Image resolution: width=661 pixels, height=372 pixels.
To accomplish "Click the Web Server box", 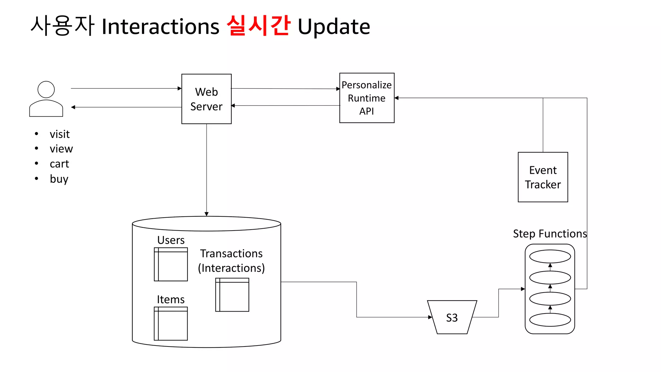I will (206, 99).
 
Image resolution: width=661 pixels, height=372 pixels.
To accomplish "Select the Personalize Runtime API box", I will (367, 98).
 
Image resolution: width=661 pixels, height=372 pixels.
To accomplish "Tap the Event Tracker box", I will (543, 177).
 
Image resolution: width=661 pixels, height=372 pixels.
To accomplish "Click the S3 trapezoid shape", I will (452, 317).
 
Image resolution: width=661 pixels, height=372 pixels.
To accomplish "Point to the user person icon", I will (46, 99).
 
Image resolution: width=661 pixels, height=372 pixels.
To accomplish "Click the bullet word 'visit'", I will (60, 134).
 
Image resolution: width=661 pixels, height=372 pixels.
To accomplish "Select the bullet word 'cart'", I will (59, 164).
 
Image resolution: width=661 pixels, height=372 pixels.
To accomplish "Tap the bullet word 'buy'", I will (59, 179).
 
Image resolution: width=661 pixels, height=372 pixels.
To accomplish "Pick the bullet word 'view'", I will (61, 149).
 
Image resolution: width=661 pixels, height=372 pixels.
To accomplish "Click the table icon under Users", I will (171, 264).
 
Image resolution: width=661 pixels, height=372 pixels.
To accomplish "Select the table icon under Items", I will (171, 324).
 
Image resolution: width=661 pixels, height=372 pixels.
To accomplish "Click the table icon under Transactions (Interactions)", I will (232, 294).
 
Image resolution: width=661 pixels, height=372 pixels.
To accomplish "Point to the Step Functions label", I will (550, 233).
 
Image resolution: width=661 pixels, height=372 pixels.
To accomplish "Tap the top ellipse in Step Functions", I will (550, 257).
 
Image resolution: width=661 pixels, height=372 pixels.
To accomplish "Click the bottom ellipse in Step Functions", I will (550, 320).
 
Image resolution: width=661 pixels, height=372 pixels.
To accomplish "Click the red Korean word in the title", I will (258, 26).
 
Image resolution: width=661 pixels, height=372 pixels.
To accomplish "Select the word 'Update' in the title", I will (334, 26).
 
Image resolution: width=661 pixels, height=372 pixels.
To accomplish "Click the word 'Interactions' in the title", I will (160, 26).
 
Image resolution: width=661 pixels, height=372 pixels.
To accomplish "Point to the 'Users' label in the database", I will (171, 240).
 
